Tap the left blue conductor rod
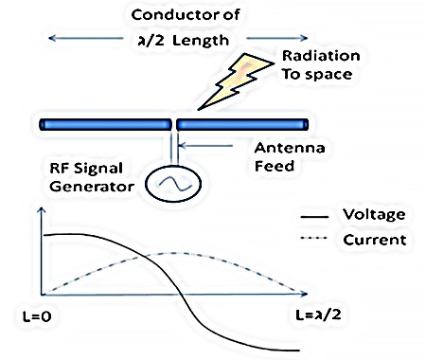point(103,124)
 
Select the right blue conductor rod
point(242,124)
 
